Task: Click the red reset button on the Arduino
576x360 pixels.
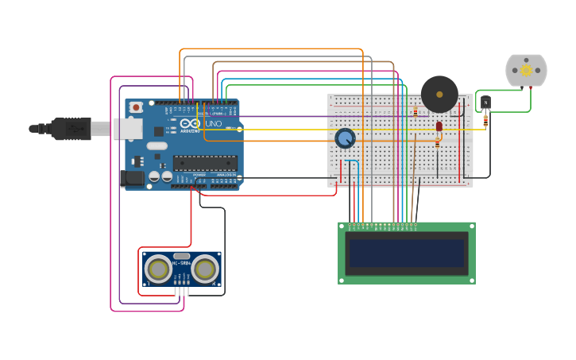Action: click(x=136, y=106)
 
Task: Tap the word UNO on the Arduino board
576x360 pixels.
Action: click(x=214, y=124)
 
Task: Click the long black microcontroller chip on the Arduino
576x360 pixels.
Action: click(x=204, y=163)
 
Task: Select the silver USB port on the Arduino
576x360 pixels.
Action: click(x=126, y=129)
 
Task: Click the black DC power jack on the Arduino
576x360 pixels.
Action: click(x=132, y=179)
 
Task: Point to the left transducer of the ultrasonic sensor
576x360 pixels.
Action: click(x=159, y=269)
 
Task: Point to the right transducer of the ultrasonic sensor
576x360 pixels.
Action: click(x=205, y=269)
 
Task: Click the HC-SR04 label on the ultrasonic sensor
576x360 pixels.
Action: click(x=182, y=263)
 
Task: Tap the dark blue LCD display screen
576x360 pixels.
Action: click(x=406, y=254)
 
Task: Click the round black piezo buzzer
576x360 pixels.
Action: click(x=439, y=94)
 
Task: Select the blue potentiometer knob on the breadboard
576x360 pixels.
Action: click(x=345, y=138)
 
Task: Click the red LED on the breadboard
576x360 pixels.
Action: click(x=439, y=126)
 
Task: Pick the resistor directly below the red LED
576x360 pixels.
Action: click(x=437, y=142)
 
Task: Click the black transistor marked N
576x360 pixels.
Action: click(x=485, y=103)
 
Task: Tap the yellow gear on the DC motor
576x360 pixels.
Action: click(x=526, y=70)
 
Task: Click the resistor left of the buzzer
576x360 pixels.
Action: click(x=416, y=111)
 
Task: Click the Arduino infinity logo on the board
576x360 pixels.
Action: click(x=190, y=124)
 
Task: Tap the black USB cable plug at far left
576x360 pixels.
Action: click(x=72, y=129)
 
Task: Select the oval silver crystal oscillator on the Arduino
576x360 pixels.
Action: click(x=157, y=145)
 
